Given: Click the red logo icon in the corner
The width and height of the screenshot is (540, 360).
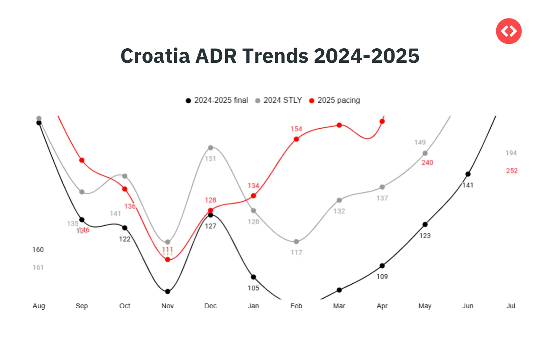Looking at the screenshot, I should [509, 31].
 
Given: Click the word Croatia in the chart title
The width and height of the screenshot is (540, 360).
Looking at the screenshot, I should [155, 56].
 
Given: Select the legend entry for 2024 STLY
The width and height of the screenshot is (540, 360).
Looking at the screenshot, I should [279, 100].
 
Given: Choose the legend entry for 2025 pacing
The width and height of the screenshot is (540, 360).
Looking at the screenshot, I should [335, 100].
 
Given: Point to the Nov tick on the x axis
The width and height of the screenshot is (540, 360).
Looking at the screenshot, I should [167, 306].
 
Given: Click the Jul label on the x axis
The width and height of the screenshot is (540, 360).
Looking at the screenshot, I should [511, 306].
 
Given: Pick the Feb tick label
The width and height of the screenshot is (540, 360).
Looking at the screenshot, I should [296, 306].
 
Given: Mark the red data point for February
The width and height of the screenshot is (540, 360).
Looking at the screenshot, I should [296, 139].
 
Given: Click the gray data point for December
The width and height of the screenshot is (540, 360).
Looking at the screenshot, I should [211, 148].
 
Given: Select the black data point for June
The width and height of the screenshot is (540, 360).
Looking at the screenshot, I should [468, 174].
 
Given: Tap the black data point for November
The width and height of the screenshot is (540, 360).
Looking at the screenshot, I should [168, 291].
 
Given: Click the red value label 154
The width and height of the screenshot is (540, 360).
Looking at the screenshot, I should [296, 129].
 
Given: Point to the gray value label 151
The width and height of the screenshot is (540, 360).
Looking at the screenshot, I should [210, 159].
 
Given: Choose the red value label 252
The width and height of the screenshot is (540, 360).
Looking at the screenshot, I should [512, 171].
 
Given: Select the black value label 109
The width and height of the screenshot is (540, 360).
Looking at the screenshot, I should [382, 277].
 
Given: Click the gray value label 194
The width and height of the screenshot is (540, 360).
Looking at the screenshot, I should [511, 153].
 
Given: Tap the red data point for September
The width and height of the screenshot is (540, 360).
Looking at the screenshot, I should [82, 160].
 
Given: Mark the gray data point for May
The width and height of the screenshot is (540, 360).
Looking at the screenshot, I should [425, 153].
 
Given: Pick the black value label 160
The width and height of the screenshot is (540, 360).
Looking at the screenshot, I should [38, 250].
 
